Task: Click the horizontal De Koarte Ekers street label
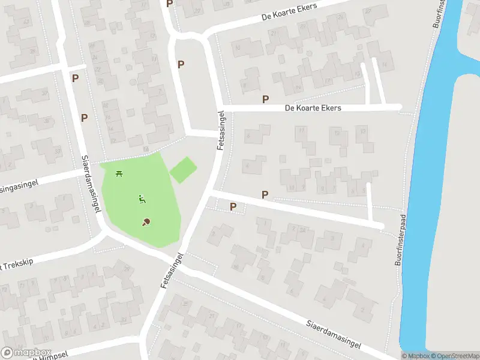pos(313,108)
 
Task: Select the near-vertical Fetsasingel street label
pos(221,130)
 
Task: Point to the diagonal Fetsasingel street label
pos(172,271)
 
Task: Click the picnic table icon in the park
pos(119,174)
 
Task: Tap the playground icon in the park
pos(142,199)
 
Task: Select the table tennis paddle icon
pos(146,222)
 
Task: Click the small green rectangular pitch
pos(183,169)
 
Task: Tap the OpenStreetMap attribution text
pos(453,356)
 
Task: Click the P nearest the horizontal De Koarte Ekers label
pos(265,99)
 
